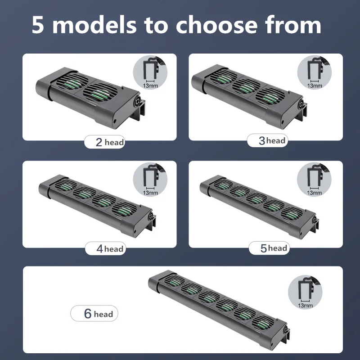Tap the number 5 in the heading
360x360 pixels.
pyautogui.click(x=39, y=26)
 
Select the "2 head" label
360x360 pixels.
pyautogui.click(x=105, y=142)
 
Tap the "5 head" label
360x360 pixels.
pyautogui.click(x=268, y=248)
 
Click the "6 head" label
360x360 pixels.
pyautogui.click(x=94, y=314)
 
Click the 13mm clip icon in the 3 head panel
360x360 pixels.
pyautogui.click(x=315, y=73)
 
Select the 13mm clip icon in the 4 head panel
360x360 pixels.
pyautogui.click(x=150, y=180)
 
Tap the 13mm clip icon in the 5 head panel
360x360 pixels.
pyautogui.click(x=315, y=180)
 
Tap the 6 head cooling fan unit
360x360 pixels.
pyautogui.click(x=216, y=304)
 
